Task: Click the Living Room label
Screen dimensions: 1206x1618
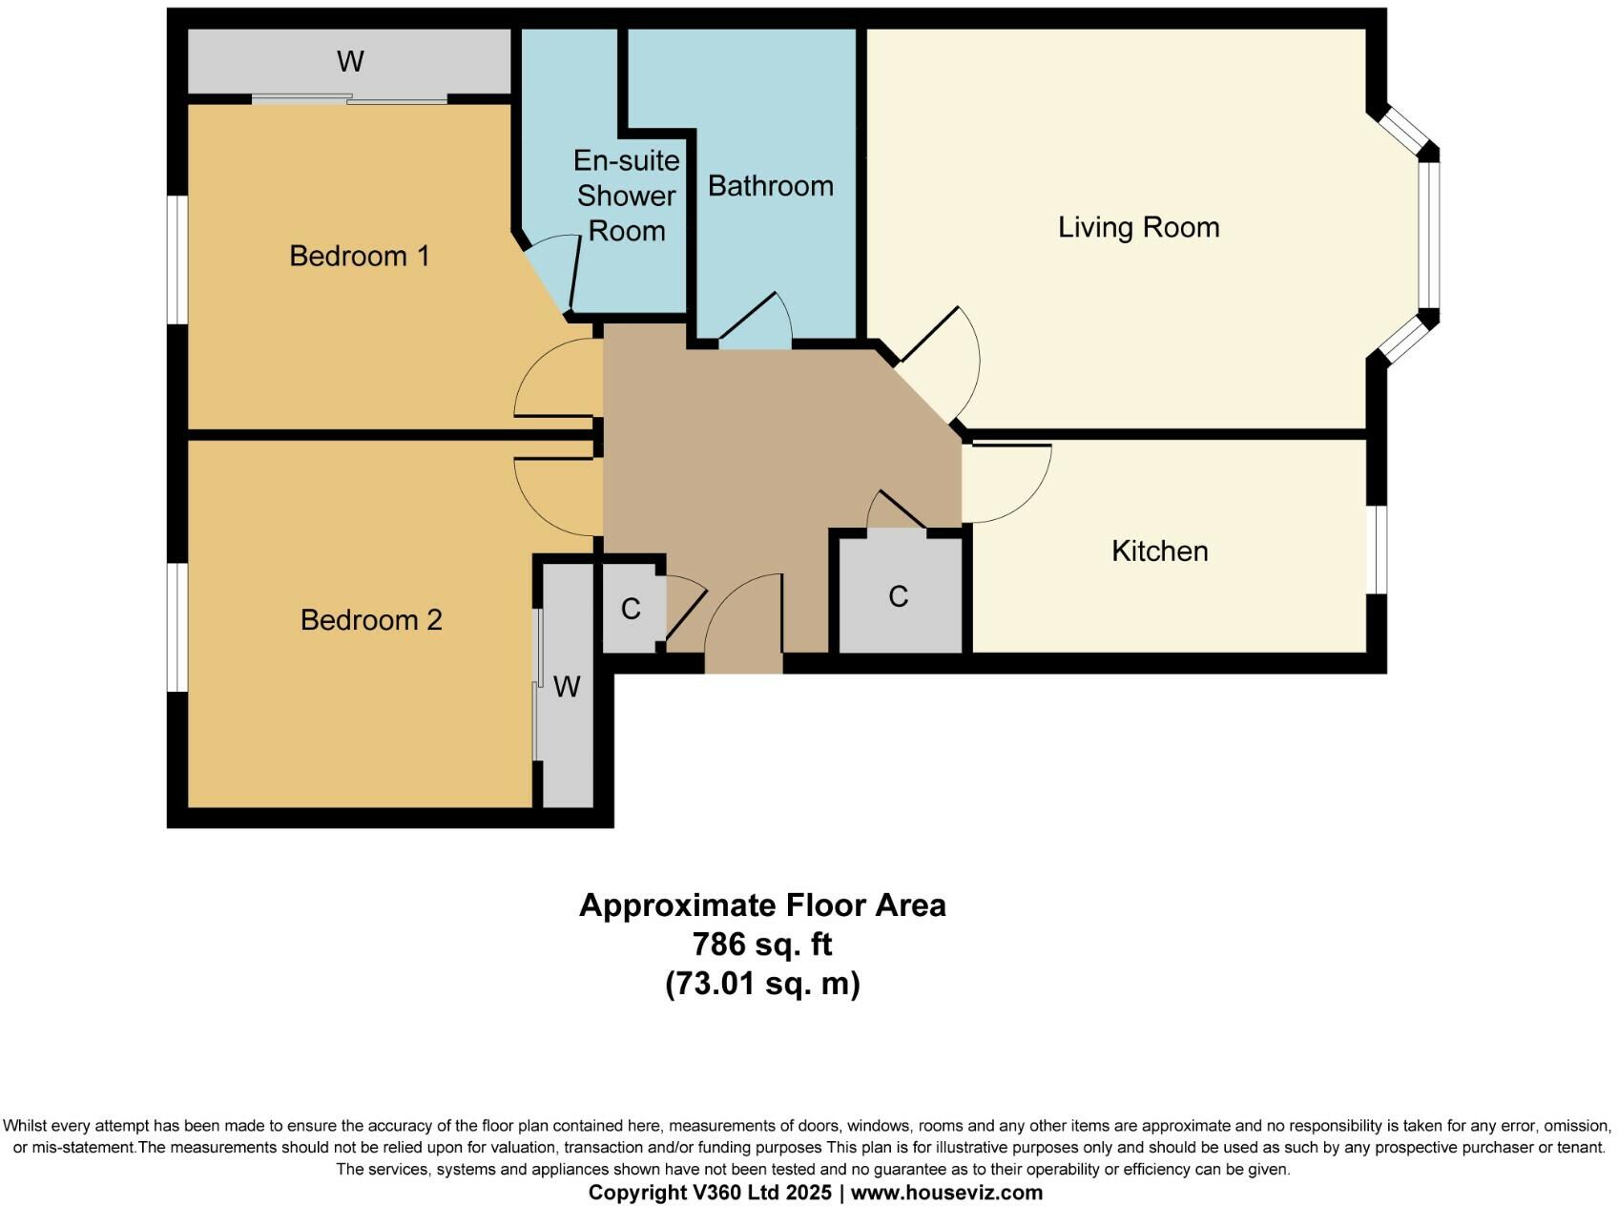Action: click(x=1138, y=227)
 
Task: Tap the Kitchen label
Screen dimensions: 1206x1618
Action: click(x=1159, y=551)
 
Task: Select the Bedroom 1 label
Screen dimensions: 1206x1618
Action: click(x=359, y=256)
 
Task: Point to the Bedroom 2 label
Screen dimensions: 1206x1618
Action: click(x=371, y=620)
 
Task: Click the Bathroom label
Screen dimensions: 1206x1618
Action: click(x=770, y=186)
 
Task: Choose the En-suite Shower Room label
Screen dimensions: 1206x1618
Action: click(x=627, y=196)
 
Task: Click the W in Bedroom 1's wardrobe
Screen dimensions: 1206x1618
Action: click(x=350, y=62)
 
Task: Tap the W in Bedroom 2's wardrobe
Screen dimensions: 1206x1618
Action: click(x=567, y=687)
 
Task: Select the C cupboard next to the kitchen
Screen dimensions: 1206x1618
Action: click(x=898, y=596)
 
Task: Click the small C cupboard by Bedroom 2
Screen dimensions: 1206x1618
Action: click(x=631, y=609)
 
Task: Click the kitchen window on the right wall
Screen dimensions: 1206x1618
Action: click(x=1377, y=551)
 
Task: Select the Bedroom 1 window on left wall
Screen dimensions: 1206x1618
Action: click(x=177, y=260)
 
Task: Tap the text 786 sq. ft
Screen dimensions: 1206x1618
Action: click(x=762, y=945)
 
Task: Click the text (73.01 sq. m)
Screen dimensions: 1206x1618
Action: click(x=762, y=983)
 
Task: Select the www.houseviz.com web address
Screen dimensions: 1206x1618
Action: click(x=946, y=1193)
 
